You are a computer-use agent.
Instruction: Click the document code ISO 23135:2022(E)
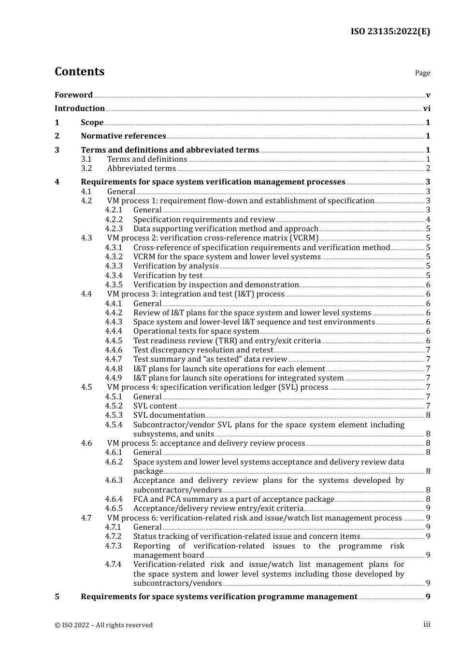click(x=390, y=31)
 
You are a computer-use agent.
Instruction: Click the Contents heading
click(x=79, y=71)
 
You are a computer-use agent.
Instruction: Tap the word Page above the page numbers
click(x=422, y=73)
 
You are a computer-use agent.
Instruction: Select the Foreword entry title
click(x=73, y=95)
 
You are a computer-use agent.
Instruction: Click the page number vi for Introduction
click(x=427, y=109)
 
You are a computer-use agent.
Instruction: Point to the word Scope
click(x=92, y=123)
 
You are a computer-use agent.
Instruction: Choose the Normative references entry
click(x=123, y=136)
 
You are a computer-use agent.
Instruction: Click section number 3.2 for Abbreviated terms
click(x=86, y=169)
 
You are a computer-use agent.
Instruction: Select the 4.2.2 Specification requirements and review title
click(x=204, y=220)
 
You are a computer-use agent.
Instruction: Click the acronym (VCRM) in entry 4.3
click(x=304, y=238)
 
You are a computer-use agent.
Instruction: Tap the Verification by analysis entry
click(x=176, y=266)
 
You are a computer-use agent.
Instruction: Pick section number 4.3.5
click(x=114, y=285)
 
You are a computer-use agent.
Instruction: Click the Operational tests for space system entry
click(x=196, y=331)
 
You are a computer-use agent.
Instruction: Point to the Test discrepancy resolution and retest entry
click(x=203, y=350)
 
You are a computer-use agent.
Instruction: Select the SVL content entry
click(x=155, y=406)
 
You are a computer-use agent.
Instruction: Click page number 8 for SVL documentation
click(x=428, y=415)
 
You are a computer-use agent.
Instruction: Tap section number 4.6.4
click(x=114, y=499)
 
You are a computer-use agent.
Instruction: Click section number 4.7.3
click(x=114, y=546)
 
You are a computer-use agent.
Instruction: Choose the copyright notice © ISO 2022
click(x=103, y=625)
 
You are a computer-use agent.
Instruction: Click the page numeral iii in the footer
click(x=427, y=624)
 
